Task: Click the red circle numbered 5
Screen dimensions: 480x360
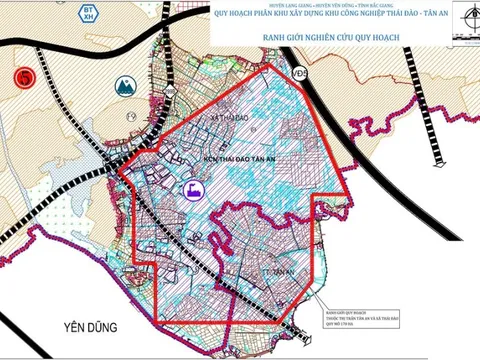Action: (x=20, y=77)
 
